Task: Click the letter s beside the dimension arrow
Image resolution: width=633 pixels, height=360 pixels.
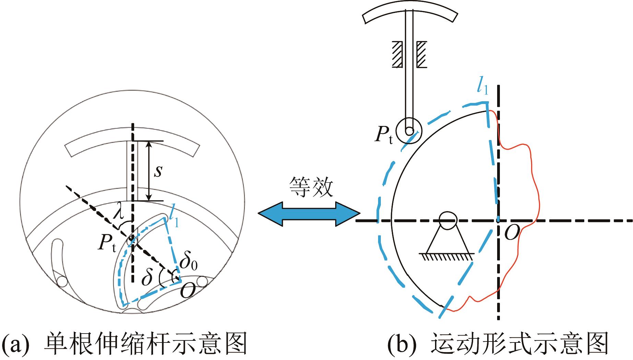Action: pos(158,171)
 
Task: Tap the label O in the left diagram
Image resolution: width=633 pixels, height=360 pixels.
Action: pos(187,291)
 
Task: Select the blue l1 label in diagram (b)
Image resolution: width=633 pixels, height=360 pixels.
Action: pos(482,87)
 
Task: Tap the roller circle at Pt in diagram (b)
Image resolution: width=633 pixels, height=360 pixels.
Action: pos(409,131)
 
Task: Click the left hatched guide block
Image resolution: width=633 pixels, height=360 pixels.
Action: pos(397,54)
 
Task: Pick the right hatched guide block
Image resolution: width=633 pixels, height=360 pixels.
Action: pos(421,54)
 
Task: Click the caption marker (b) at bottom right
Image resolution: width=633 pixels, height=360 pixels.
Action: pos(400,344)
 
